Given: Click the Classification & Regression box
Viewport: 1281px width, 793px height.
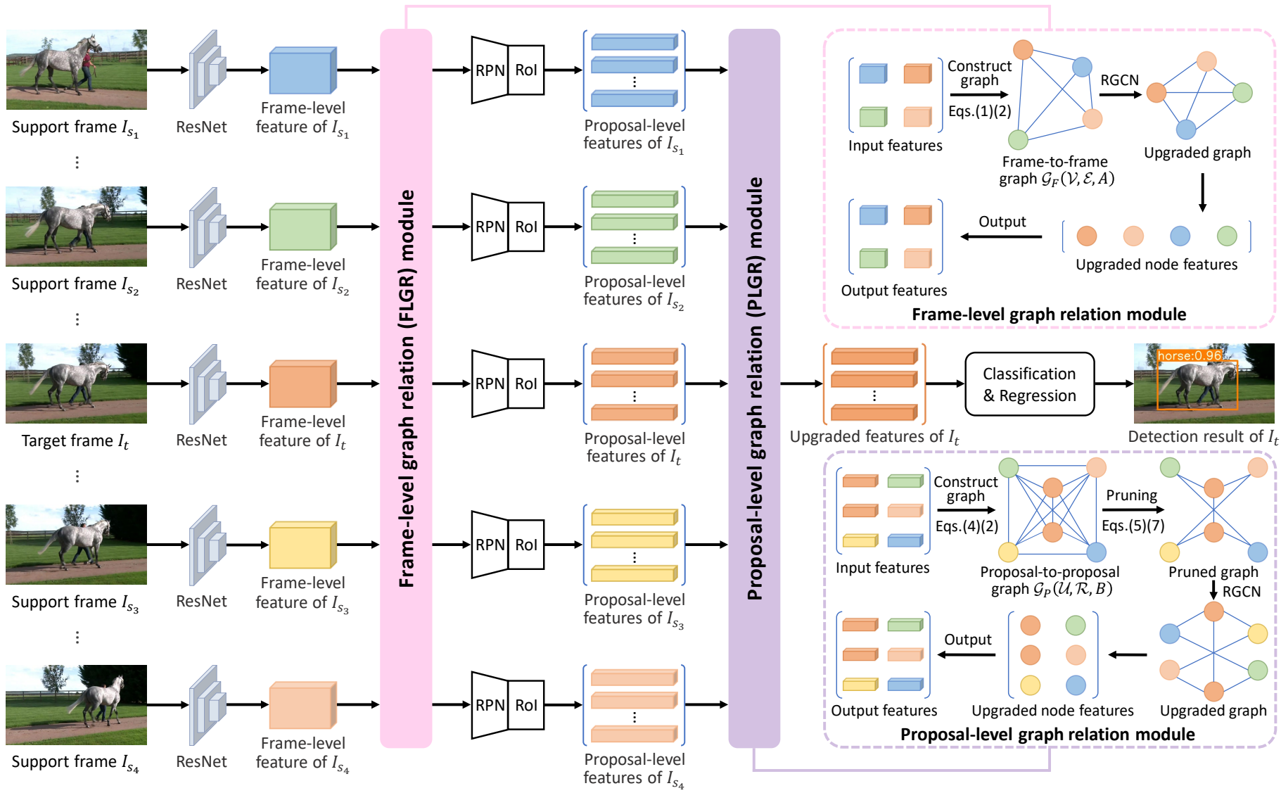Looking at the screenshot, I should click(x=1029, y=384).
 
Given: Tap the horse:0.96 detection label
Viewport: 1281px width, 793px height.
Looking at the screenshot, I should click(x=1189, y=356).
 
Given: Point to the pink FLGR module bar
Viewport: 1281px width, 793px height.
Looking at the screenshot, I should click(x=406, y=387).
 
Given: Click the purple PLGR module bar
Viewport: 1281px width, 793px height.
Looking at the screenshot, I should click(x=754, y=387).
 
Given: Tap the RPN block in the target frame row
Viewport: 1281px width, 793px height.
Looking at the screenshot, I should click(x=490, y=383).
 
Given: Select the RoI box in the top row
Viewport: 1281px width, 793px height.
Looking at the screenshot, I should click(x=526, y=70).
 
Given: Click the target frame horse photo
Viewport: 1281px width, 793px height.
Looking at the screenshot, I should click(x=76, y=383).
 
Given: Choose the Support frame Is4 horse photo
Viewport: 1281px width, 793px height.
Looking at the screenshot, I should click(x=76, y=704).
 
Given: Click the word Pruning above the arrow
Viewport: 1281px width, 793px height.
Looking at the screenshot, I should click(x=1131, y=495).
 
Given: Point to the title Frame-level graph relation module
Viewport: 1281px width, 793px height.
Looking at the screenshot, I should click(x=1049, y=315).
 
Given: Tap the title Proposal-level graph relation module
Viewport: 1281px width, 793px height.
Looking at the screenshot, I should click(x=1047, y=735).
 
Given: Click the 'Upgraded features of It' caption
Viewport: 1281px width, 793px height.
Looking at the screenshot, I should click(x=874, y=437).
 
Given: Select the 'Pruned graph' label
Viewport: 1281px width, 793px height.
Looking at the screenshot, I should click(x=1213, y=572).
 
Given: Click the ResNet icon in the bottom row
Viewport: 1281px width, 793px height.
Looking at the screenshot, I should click(x=207, y=704).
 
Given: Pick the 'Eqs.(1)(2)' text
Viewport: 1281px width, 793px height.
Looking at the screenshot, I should click(x=979, y=111).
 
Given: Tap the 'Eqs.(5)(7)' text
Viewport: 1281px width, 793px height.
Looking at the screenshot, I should click(x=1133, y=526).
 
